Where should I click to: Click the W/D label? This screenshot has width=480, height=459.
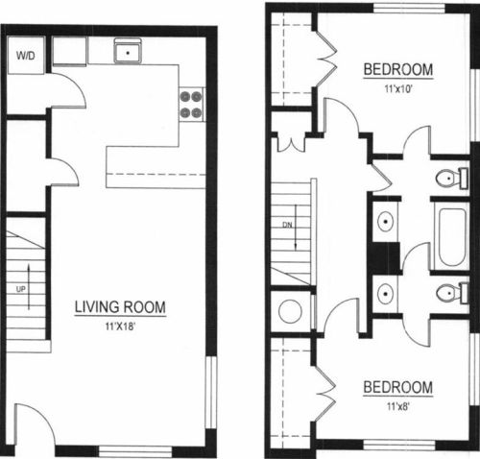[26, 56]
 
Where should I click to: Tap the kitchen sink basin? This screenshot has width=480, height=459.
[128, 51]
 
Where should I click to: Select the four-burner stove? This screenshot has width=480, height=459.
[191, 105]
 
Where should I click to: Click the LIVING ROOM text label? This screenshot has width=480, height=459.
[120, 307]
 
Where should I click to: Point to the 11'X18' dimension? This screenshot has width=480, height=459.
[121, 326]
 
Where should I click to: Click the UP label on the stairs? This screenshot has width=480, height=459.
[21, 289]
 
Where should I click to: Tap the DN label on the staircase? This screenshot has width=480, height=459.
[287, 225]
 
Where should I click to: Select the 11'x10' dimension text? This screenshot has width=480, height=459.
[398, 88]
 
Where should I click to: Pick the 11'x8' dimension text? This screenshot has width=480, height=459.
[398, 407]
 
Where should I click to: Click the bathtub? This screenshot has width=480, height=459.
[452, 237]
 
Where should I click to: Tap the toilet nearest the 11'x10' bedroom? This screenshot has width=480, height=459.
[453, 178]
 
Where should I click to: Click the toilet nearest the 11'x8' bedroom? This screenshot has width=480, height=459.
[453, 293]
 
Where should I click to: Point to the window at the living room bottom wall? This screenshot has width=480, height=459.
[135, 452]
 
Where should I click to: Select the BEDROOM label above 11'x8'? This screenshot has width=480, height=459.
[398, 387]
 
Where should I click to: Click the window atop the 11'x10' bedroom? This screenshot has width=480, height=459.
[410, 9]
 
